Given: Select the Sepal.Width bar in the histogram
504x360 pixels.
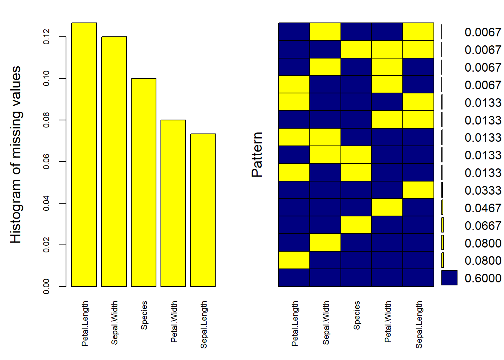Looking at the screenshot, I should click(x=114, y=161).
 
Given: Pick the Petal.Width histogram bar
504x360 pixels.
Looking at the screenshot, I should click(x=173, y=203).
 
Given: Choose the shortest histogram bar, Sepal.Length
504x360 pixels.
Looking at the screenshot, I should click(x=203, y=210).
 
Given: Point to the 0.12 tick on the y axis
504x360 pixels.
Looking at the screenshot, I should click(x=46, y=37).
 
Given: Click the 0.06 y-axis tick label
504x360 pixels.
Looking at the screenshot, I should click(x=46, y=162).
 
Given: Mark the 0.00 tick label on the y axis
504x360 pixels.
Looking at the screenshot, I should click(x=46, y=286).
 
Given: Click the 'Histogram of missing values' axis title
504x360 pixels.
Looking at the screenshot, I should click(x=15, y=154).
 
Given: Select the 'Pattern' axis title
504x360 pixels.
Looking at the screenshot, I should click(x=257, y=154).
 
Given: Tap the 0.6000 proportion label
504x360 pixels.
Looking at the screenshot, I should click(x=483, y=278).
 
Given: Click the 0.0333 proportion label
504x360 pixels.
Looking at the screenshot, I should click(x=483, y=190).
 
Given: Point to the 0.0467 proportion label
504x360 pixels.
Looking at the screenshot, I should click(x=483, y=208).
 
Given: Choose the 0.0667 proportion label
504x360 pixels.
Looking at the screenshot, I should click(x=483, y=226).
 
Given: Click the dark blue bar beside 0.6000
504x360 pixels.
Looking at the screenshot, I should click(x=449, y=278).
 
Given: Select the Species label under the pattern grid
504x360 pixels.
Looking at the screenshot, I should click(x=357, y=315).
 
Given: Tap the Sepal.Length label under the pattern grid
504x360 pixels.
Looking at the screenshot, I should click(x=419, y=324).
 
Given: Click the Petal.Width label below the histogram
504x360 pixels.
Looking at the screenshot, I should click(x=174, y=321).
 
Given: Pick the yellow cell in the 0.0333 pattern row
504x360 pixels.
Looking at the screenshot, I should click(x=418, y=190).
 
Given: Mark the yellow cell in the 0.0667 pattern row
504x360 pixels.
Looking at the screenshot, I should click(x=356, y=225).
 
